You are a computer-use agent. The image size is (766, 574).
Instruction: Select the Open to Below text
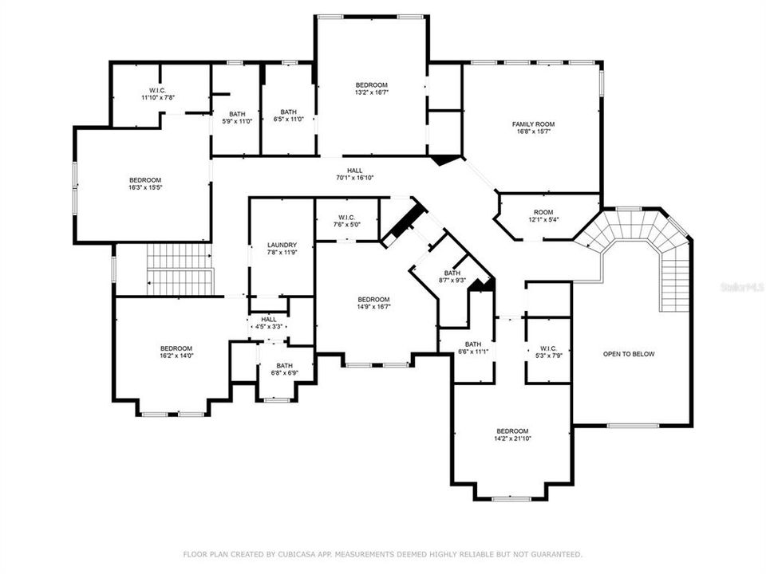click(629, 354)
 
